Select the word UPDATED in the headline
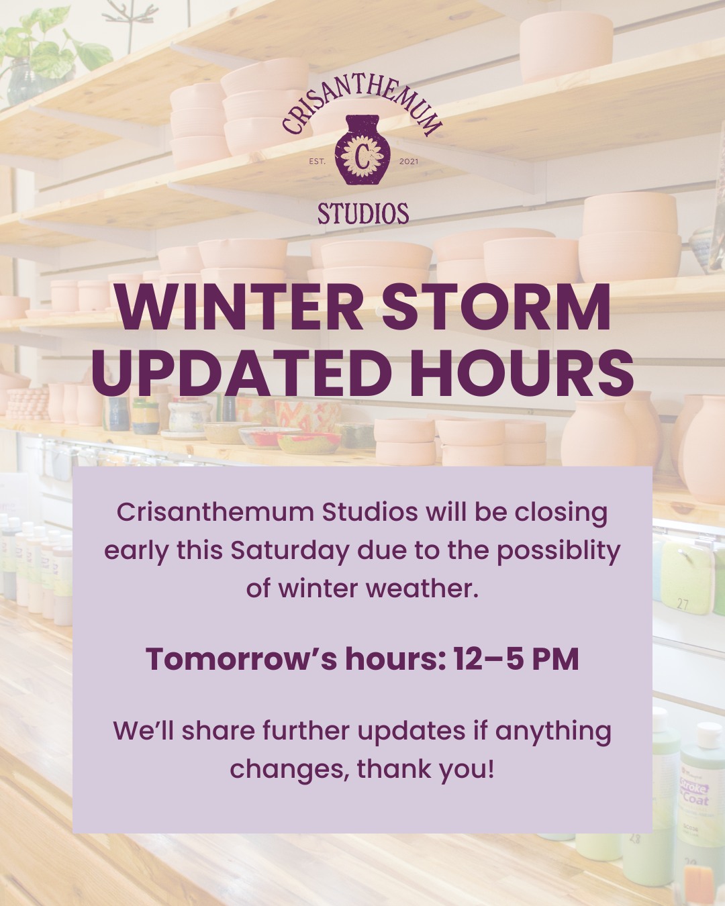[x=246, y=372]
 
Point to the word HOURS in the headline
[x=522, y=372]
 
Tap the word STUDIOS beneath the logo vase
[x=362, y=214]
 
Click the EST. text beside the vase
[x=317, y=161]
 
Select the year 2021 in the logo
[x=408, y=161]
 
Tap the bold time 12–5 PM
[x=516, y=659]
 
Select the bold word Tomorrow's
[x=241, y=659]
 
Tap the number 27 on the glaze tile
[x=682, y=604]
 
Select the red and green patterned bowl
[x=309, y=441]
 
